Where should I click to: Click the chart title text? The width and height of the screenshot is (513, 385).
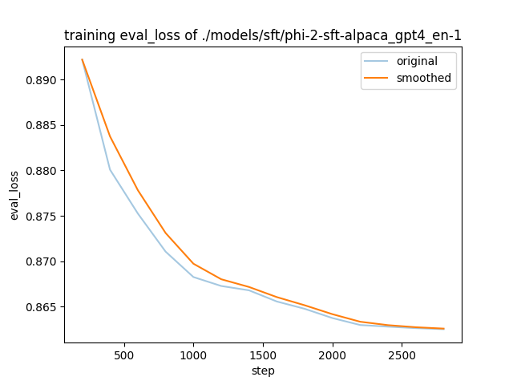[x=263, y=36]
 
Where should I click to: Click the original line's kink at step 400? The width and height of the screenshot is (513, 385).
[x=110, y=169]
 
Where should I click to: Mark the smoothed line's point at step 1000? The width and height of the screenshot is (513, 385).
[x=193, y=263]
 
